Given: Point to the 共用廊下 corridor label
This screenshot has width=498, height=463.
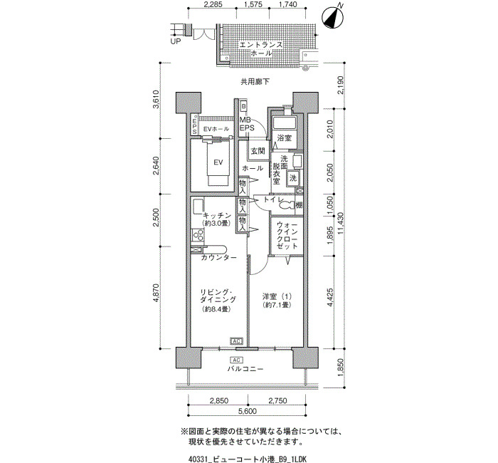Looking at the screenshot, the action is coord(255,82).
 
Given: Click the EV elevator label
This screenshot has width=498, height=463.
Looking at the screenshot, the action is coord(218,162).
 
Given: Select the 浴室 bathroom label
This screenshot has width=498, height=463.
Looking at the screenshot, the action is coord(285,138).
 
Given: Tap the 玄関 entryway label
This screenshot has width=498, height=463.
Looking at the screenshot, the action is coord(258,151).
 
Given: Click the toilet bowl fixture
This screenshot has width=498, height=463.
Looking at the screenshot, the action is coord(287,205).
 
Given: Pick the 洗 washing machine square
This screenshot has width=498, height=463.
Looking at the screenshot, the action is coord(293,178).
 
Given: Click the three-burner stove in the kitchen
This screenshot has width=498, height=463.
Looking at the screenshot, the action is coord(198,236).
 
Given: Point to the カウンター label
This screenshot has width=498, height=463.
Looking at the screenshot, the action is coord(218,258).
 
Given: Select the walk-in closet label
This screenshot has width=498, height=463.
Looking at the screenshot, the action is coord(287,235).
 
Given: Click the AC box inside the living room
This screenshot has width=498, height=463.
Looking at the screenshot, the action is coord(236,341).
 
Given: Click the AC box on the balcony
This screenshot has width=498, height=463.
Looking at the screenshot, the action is coord(236,360).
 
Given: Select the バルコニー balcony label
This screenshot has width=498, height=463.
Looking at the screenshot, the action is coord(245,369).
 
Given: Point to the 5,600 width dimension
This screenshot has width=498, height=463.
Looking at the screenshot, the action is coord(248,411).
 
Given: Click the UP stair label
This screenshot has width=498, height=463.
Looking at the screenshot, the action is coord(175,41).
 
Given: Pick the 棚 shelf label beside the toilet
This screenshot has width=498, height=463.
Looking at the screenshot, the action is coord(299,205).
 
